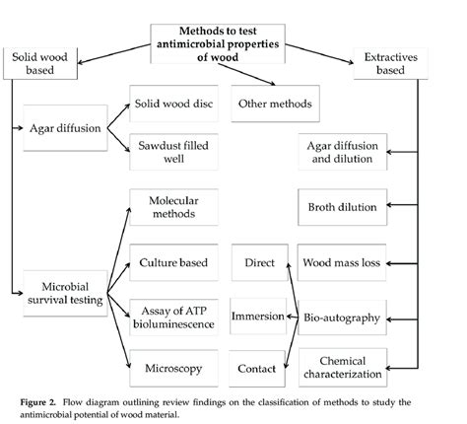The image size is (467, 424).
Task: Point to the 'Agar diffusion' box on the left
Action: point(64,127)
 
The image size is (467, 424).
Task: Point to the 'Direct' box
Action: point(256,262)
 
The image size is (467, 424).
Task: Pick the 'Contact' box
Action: point(256,368)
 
